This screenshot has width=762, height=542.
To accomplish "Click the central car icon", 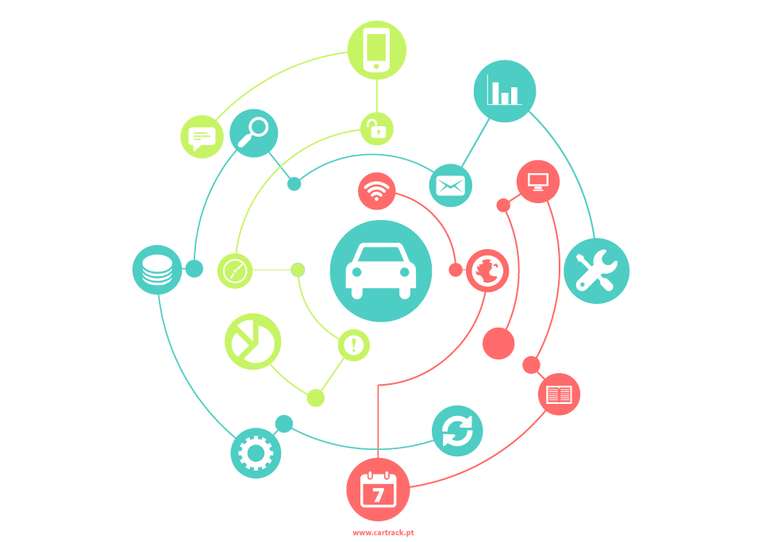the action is pos(380,271).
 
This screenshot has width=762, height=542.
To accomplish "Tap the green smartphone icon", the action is pos(376,50).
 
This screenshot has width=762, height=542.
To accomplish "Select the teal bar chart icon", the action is pos(505,90).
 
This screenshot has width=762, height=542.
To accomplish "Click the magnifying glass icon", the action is pos(253,133).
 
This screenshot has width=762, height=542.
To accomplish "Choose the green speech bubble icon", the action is pos(202,136).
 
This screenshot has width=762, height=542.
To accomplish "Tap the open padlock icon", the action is pos(376,129).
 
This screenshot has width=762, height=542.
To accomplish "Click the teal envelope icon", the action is pos(451,185).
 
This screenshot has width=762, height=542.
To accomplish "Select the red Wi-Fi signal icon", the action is pos(376,191).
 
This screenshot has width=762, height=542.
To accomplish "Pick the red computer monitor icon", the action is pos(538,181).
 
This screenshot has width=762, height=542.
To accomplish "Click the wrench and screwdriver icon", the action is pos(596,271).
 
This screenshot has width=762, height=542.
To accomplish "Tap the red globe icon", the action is pos(487,271).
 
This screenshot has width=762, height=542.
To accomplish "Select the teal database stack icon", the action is pos(157,270).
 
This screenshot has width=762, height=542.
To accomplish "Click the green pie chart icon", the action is pos(252,341).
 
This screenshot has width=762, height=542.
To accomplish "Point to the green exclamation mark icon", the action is pos(354,345).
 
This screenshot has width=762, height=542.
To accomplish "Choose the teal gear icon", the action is pos(256,453).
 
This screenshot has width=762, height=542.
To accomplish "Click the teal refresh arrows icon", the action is pos(457,431).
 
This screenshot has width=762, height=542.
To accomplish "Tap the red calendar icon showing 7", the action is pos(378,490).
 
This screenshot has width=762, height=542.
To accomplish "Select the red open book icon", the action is pos(559,394).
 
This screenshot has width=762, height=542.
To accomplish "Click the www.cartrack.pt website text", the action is pos(383,532).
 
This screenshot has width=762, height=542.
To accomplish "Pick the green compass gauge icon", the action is pos(235,271).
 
